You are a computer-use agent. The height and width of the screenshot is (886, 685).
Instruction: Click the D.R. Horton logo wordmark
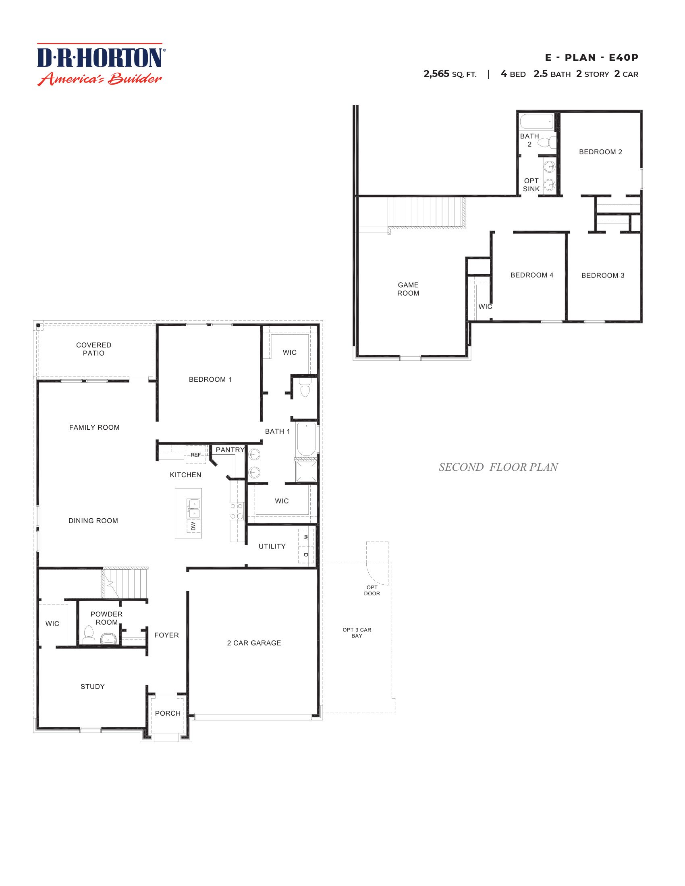(100, 58)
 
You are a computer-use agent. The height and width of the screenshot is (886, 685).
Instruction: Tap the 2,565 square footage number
(436, 74)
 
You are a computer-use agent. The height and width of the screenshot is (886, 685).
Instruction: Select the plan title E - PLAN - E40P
(591, 58)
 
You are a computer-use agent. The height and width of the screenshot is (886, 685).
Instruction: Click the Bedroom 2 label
(600, 152)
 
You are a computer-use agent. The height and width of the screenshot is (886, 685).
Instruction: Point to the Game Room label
(408, 289)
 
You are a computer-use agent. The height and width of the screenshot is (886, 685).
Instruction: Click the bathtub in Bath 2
(536, 121)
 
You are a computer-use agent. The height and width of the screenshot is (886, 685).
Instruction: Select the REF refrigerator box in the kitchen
(195, 454)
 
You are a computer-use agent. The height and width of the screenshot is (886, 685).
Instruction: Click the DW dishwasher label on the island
(193, 526)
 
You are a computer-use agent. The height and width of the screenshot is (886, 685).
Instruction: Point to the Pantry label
(230, 449)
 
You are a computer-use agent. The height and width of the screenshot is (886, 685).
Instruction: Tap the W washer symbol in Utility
(305, 537)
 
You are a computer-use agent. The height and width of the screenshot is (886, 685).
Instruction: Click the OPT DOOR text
(372, 590)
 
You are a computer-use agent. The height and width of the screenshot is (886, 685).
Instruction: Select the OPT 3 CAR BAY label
(357, 632)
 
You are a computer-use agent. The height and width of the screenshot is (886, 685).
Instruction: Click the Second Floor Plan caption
(498, 467)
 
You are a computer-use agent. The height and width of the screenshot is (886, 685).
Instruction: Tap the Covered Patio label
(93, 349)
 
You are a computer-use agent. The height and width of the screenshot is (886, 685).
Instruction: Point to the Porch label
(168, 713)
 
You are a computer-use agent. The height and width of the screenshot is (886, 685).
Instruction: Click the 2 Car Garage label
(253, 643)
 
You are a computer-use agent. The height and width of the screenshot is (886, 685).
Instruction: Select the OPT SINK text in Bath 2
(531, 184)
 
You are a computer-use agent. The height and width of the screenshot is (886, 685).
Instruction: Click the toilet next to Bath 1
(305, 390)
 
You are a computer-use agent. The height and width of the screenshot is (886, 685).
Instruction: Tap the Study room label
(93, 686)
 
